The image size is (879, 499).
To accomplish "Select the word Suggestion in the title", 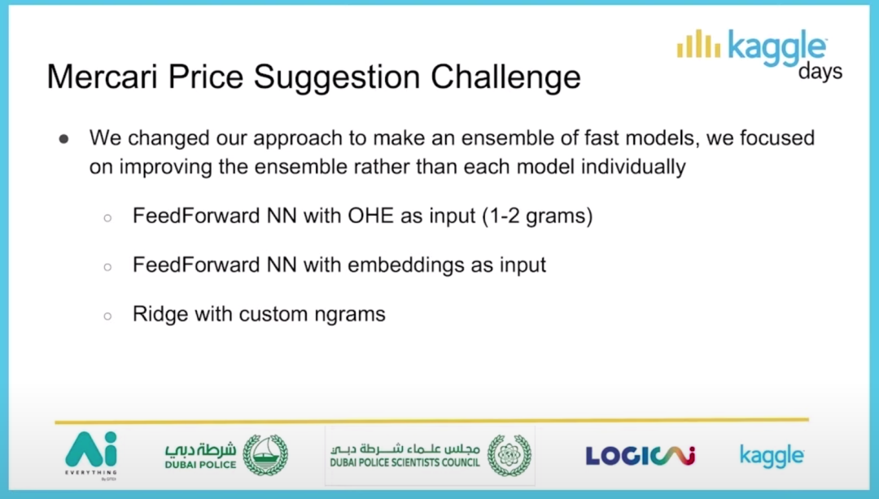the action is [x=336, y=77].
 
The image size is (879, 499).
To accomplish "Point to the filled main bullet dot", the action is [x=64, y=138].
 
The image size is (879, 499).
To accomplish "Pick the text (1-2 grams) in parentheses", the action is [x=537, y=217].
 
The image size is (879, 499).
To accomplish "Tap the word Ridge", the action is [x=160, y=314].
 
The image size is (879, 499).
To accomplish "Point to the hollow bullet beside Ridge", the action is [x=107, y=316].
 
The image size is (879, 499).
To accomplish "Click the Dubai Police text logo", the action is [x=200, y=456].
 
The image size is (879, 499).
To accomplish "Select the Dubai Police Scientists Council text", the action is [x=405, y=456].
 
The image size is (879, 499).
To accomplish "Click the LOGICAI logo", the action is [x=641, y=456].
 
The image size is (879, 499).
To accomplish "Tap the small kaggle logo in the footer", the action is [x=772, y=456].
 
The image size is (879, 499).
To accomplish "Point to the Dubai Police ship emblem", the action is [x=265, y=455].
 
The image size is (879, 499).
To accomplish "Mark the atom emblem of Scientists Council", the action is [x=509, y=455].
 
